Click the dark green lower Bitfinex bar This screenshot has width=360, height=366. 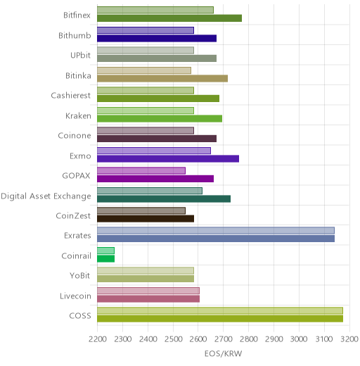point(169,18)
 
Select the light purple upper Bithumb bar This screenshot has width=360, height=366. point(146,30)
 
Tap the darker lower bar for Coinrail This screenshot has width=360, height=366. point(106,259)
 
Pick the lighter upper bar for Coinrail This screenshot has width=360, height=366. point(106,251)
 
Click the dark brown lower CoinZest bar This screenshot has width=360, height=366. point(146,219)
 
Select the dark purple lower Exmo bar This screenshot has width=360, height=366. point(168,159)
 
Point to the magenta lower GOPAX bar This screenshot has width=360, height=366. point(155,179)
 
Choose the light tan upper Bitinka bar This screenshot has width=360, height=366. point(144,70)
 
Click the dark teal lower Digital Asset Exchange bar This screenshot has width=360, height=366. point(164,198)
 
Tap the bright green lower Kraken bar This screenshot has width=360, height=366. point(160,119)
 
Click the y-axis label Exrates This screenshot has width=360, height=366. point(77,235)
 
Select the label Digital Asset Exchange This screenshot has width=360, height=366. point(46,196)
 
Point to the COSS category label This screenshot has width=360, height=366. point(80,316)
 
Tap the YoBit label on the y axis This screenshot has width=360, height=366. point(80,275)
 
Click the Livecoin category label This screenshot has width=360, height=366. point(75,296)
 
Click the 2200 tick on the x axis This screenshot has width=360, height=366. point(98,339)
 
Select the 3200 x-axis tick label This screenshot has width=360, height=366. point(349,339)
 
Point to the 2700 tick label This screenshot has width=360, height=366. point(224,339)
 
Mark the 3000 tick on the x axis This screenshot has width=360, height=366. point(300,339)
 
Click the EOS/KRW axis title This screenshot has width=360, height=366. point(223,353)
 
